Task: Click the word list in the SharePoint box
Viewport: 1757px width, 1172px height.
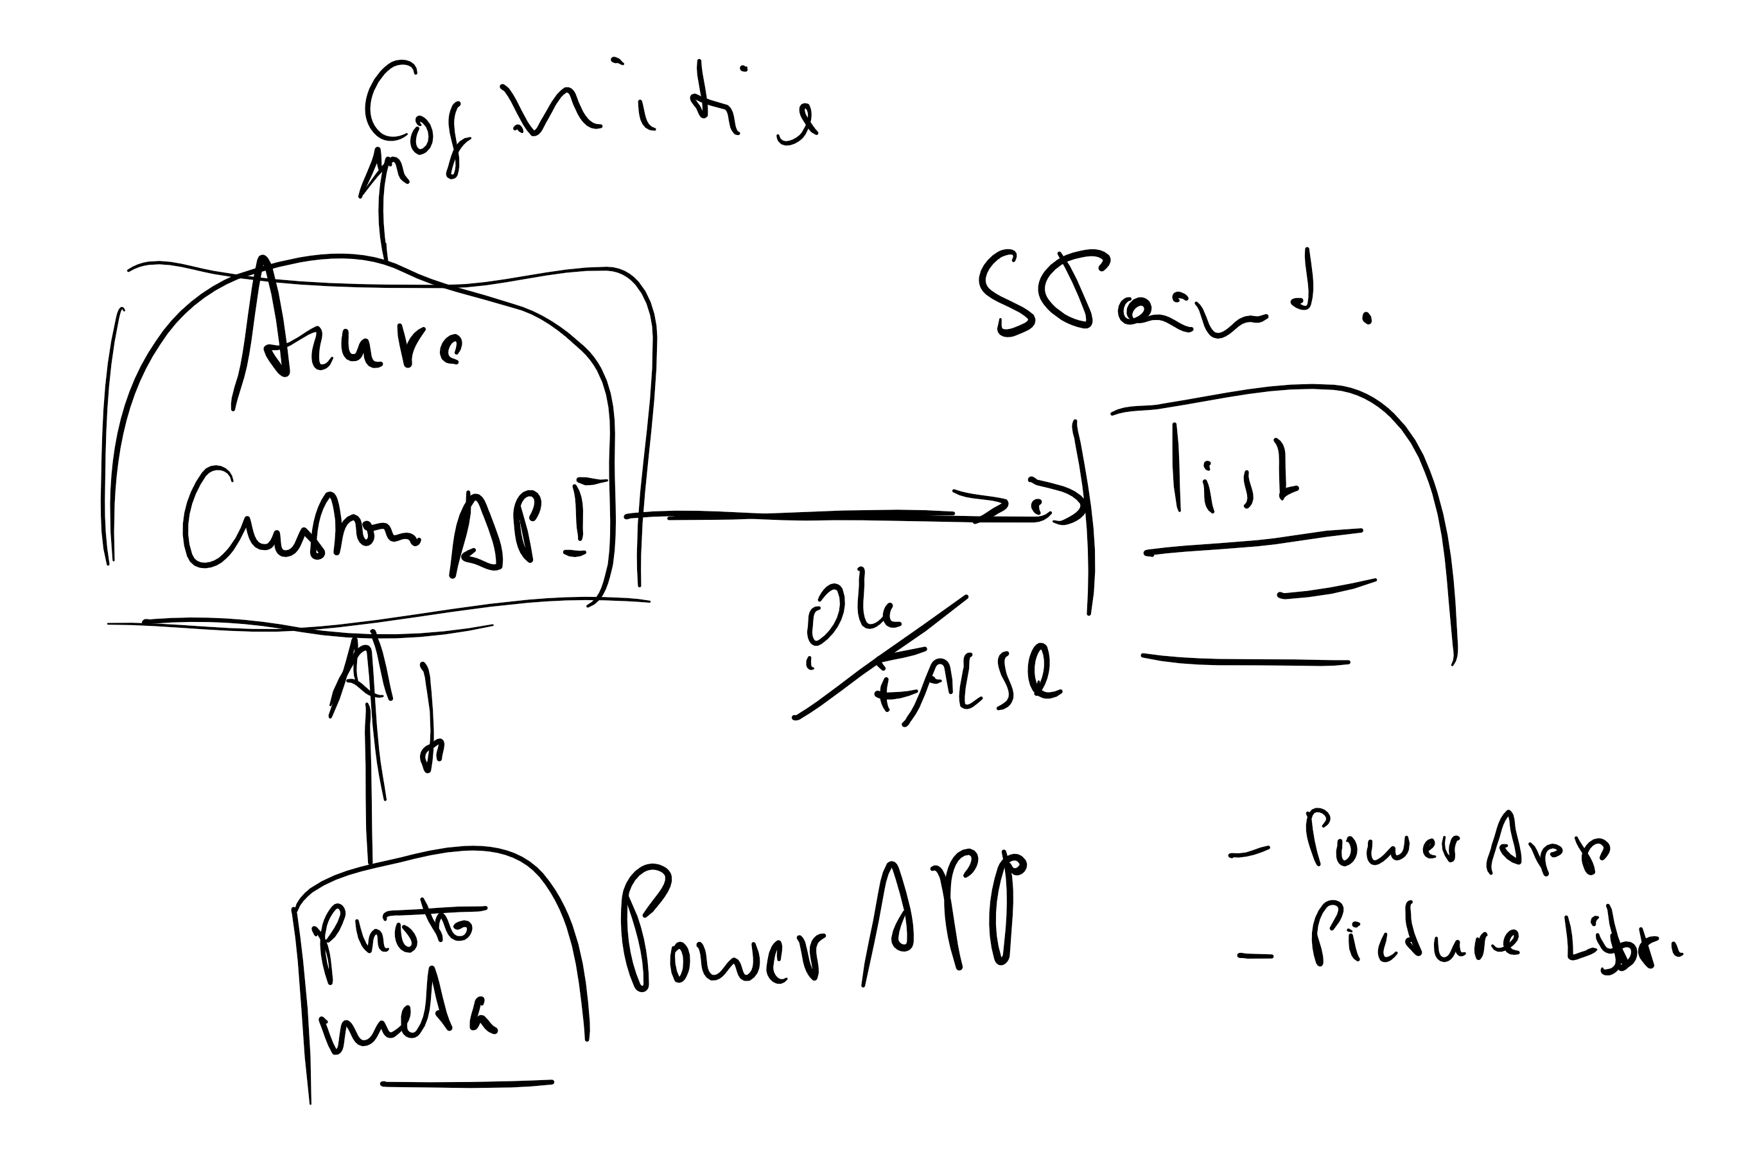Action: point(1232,475)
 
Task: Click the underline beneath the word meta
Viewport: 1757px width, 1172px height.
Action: point(467,1083)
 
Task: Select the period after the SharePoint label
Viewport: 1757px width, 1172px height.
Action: point(1368,319)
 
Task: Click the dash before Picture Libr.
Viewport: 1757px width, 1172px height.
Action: point(1254,955)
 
